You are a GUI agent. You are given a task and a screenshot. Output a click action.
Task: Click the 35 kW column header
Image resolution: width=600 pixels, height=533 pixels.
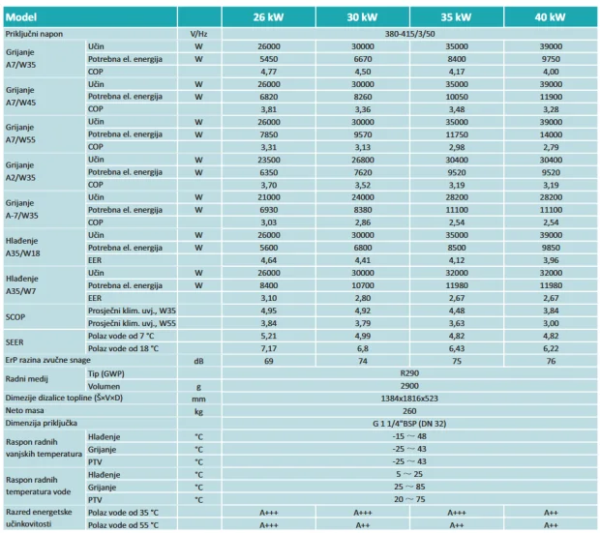tap(456, 17)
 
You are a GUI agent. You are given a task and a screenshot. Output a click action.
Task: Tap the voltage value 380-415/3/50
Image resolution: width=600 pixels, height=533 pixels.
tap(409, 34)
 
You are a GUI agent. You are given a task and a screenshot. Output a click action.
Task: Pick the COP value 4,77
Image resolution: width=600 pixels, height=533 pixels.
tap(269, 72)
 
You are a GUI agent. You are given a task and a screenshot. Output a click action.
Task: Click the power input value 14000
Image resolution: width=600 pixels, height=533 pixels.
tap(551, 134)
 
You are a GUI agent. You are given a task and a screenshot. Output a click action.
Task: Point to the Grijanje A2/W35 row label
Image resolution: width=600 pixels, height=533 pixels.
tap(20, 171)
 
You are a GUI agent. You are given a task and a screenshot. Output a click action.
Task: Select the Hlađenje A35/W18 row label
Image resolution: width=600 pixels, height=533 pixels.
tap(22, 247)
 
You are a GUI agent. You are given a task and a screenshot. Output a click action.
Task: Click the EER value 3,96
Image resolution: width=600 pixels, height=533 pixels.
tap(551, 260)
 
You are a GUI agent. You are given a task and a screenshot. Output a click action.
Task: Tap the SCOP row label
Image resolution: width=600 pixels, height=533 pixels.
tap(15, 317)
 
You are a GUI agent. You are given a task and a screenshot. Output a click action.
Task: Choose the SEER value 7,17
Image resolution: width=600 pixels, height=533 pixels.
tap(269, 348)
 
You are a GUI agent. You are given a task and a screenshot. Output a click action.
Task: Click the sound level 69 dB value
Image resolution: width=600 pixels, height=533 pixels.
tap(269, 361)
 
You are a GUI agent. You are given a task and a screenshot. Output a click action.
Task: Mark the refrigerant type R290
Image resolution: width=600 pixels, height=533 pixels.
tap(409, 373)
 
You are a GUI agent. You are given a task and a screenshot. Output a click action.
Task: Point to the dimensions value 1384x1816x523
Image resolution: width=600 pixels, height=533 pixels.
tap(409, 399)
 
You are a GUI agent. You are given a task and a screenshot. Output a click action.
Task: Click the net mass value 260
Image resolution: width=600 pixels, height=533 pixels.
tap(409, 411)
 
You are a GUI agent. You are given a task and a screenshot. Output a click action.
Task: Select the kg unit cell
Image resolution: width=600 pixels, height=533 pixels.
tap(198, 412)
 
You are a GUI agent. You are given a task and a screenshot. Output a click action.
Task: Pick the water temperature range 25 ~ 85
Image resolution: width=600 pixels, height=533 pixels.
tap(409, 487)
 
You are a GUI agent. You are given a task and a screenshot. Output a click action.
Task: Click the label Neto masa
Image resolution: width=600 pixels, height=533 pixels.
tap(24, 410)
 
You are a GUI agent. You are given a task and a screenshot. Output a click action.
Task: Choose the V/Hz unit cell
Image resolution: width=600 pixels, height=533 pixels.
tap(198, 34)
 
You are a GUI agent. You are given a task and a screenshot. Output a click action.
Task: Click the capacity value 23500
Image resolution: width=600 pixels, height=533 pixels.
tap(269, 160)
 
